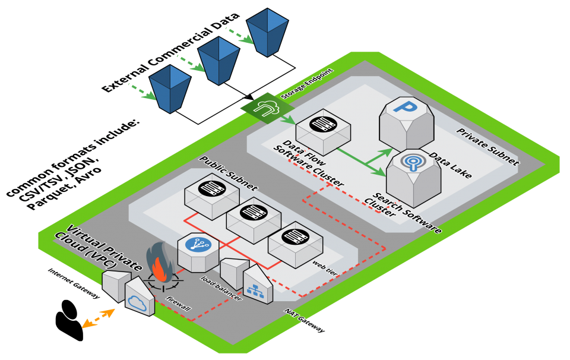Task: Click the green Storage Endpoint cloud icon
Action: coord(262,108)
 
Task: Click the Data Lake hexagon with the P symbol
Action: coord(409,122)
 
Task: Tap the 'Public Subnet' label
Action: coord(228,174)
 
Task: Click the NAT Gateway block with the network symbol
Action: coord(257,285)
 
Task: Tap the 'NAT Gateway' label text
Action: coord(305,321)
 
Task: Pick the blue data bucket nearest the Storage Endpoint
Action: coord(170,89)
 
